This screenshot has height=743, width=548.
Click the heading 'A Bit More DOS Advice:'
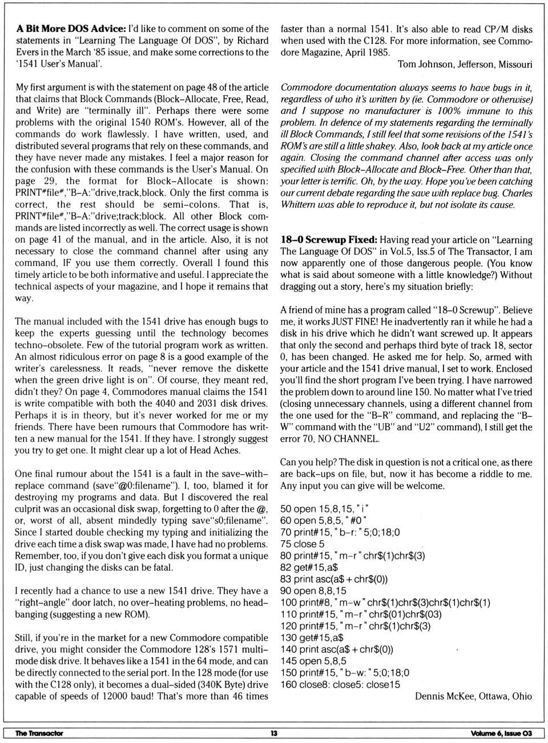(71, 29)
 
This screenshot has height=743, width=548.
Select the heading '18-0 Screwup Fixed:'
(329, 240)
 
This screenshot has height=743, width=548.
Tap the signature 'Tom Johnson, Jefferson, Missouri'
(465, 64)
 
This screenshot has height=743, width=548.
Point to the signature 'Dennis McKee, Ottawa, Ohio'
(473, 696)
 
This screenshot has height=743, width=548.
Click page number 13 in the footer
(274, 733)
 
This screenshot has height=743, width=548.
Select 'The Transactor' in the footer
(39, 733)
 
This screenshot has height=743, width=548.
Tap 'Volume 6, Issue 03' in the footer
(501, 733)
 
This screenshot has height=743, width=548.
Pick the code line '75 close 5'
(302, 544)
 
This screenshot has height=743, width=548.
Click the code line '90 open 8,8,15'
(313, 591)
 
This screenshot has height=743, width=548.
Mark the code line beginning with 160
(340, 684)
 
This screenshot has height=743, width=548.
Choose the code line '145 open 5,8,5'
(313, 661)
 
